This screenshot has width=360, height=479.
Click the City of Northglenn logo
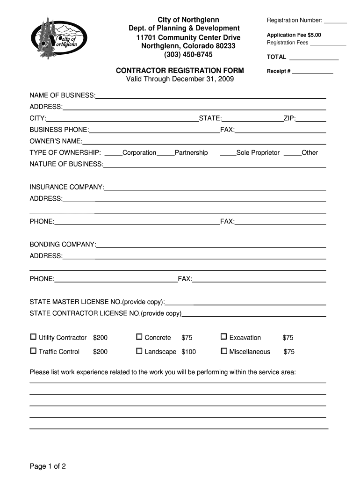(59, 38)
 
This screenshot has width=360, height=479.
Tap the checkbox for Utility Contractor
(33, 337)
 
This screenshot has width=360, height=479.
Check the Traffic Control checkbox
(33, 351)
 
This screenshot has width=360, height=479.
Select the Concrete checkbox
(139, 337)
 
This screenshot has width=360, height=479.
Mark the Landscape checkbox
(139, 351)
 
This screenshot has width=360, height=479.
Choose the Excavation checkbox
(224, 337)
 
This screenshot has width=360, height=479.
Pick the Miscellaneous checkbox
(224, 351)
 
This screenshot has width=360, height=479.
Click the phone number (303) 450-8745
(188, 55)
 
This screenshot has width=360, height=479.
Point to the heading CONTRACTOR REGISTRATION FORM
(180, 71)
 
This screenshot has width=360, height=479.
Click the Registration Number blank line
(335, 21)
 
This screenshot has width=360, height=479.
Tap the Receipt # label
(279, 72)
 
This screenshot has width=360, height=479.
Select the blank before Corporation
(113, 153)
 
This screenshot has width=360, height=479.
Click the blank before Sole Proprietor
(228, 153)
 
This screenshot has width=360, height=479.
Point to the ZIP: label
(289, 118)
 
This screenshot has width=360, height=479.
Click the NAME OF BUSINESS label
(62, 95)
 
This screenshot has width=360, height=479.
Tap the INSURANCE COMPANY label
(67, 187)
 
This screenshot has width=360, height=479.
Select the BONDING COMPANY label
(63, 245)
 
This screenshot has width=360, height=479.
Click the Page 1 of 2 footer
(48, 466)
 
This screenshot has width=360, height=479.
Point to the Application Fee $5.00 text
(294, 35)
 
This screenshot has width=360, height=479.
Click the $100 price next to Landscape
(189, 352)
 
